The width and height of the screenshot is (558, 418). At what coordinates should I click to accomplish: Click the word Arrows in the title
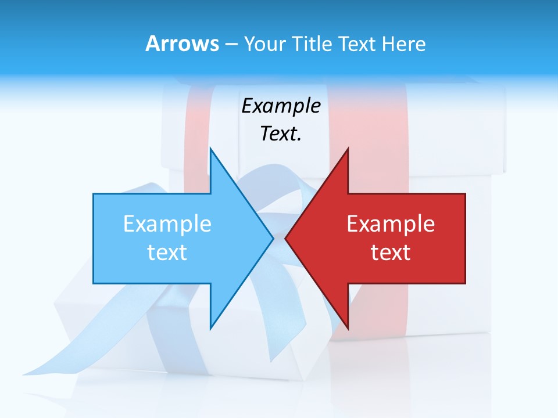(182, 44)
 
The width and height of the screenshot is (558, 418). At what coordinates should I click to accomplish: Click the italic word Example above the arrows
(281, 106)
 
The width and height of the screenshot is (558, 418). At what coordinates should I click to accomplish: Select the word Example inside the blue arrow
(167, 224)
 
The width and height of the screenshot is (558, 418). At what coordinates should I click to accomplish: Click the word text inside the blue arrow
(167, 253)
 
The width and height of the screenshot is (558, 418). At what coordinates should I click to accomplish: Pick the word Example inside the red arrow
(391, 224)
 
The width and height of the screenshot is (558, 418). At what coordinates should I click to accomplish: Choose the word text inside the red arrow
(391, 253)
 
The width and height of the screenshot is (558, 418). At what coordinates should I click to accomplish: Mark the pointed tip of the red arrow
(286, 238)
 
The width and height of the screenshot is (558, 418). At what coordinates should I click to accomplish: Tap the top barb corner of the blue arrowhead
(210, 149)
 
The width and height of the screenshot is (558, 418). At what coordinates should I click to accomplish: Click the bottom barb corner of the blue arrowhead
(210, 327)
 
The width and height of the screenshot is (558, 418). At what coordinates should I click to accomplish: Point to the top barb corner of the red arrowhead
(348, 149)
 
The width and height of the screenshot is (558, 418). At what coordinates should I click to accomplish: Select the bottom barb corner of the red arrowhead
(348, 327)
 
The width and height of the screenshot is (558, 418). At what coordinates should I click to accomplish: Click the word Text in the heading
(357, 44)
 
